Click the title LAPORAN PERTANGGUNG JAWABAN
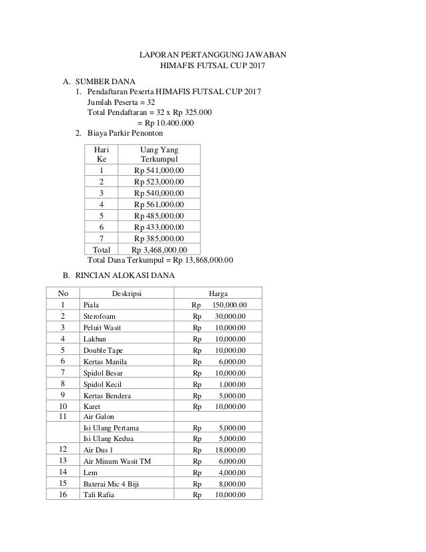tap(213, 54)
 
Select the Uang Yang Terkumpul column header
tap(160, 154)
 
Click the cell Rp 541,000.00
tap(160, 170)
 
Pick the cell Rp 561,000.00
tap(160, 204)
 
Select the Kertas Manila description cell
tap(103, 361)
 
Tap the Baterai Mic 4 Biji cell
tap(112, 483)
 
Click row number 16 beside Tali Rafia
tap(63, 495)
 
